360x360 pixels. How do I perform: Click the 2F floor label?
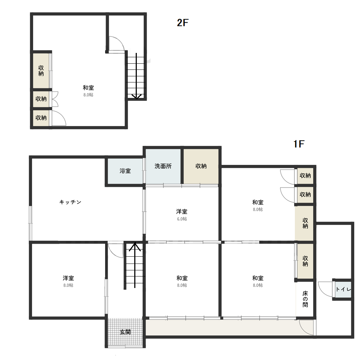coord(183,23)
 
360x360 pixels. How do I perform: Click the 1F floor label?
coord(299,144)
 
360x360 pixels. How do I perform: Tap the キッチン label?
coord(70,202)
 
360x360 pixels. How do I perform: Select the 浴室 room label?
coord(125,171)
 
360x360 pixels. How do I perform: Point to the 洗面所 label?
coord(163,166)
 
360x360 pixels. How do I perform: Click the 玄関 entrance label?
coord(125,332)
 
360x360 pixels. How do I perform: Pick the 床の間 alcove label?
coord(305,299)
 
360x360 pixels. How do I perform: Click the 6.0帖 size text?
coord(182,219)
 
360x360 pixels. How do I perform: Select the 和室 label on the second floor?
coord(89,88)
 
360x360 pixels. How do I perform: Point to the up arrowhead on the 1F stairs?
coord(135,247)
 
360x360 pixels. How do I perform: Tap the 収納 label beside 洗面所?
coord(201,166)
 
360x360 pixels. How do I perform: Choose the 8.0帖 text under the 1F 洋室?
coord(68,285)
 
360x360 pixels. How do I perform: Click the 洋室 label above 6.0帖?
coord(182,211)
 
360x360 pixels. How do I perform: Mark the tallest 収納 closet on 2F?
coord(41,71)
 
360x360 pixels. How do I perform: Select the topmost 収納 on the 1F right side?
coord(305,176)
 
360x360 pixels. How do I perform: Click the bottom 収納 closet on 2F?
coord(41,118)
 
